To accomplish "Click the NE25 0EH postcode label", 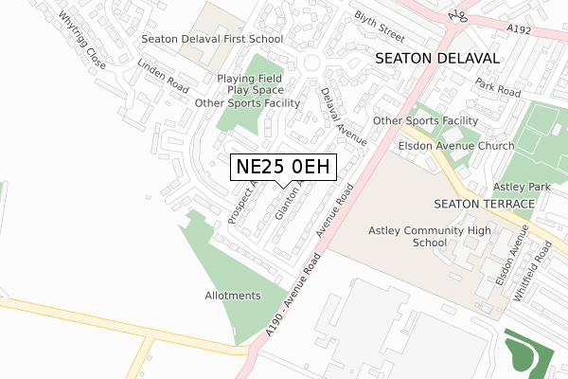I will coord(283,168).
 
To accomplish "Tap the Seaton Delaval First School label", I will coord(212,40).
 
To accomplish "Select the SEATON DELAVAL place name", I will coord(436,58).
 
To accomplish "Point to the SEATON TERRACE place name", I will coord(478,205).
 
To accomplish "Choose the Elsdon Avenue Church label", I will coord(456,146).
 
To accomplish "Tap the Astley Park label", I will coord(525,189).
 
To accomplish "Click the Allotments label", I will coord(232,296).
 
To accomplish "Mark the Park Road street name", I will coord(499,87).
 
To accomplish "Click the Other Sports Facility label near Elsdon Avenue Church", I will coord(425,121).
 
